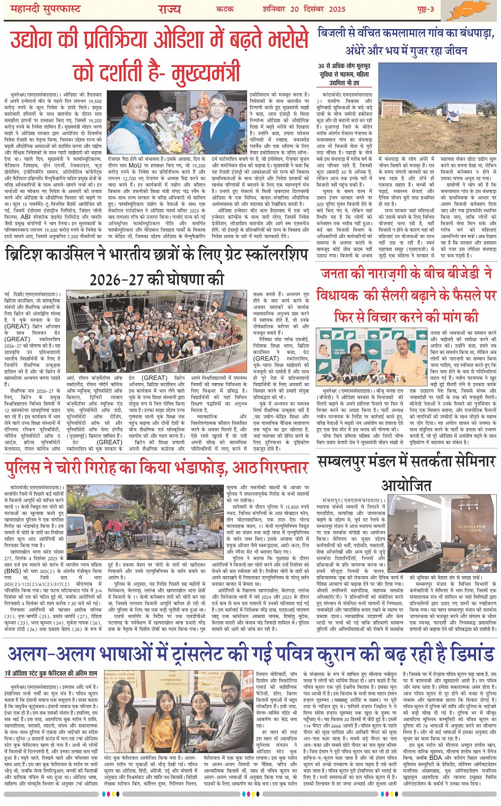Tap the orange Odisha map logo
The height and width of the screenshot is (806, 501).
point(466,10)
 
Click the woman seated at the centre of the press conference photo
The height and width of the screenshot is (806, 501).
point(367,352)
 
